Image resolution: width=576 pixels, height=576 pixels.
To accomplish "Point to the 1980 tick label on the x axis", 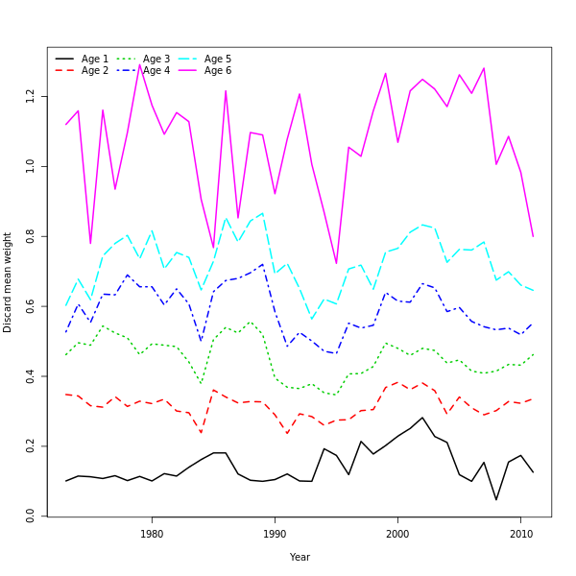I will click(x=152, y=534).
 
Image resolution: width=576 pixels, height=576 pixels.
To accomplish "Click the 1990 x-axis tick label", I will click(x=275, y=534).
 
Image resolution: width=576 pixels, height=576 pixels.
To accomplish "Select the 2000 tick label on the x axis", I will click(x=397, y=534).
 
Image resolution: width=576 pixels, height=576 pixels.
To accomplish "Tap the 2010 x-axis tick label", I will click(x=520, y=534).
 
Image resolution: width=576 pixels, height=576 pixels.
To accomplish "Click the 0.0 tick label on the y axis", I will click(x=31, y=517).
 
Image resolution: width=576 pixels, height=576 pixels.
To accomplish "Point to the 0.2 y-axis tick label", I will click(x=31, y=447).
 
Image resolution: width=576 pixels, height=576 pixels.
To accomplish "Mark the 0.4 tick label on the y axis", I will click(x=31, y=377).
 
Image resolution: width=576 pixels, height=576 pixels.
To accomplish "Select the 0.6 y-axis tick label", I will click(x=31, y=307).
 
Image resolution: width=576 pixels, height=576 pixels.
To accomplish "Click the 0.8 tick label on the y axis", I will click(x=31, y=237).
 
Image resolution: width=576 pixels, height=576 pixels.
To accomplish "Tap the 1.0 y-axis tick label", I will click(x=31, y=167).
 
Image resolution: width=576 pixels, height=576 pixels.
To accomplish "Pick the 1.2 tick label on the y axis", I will click(x=31, y=97).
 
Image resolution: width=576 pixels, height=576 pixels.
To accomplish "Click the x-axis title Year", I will click(x=300, y=557).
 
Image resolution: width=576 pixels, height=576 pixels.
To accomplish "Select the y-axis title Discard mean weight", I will click(x=8, y=282).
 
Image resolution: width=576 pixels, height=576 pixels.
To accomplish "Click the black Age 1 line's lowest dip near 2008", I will click(x=496, y=499).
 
